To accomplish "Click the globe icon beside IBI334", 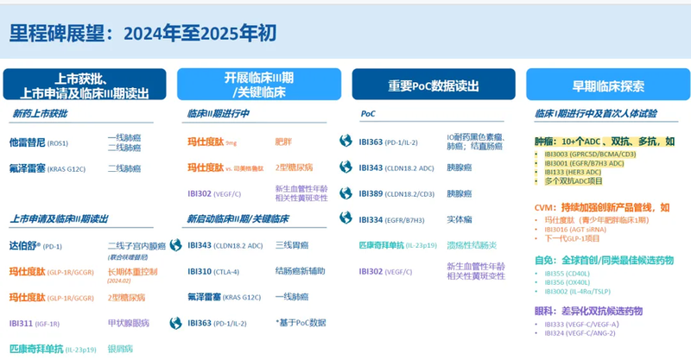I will (x=345, y=219).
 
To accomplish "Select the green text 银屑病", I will (x=119, y=349).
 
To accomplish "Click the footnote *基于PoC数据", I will (x=301, y=323).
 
